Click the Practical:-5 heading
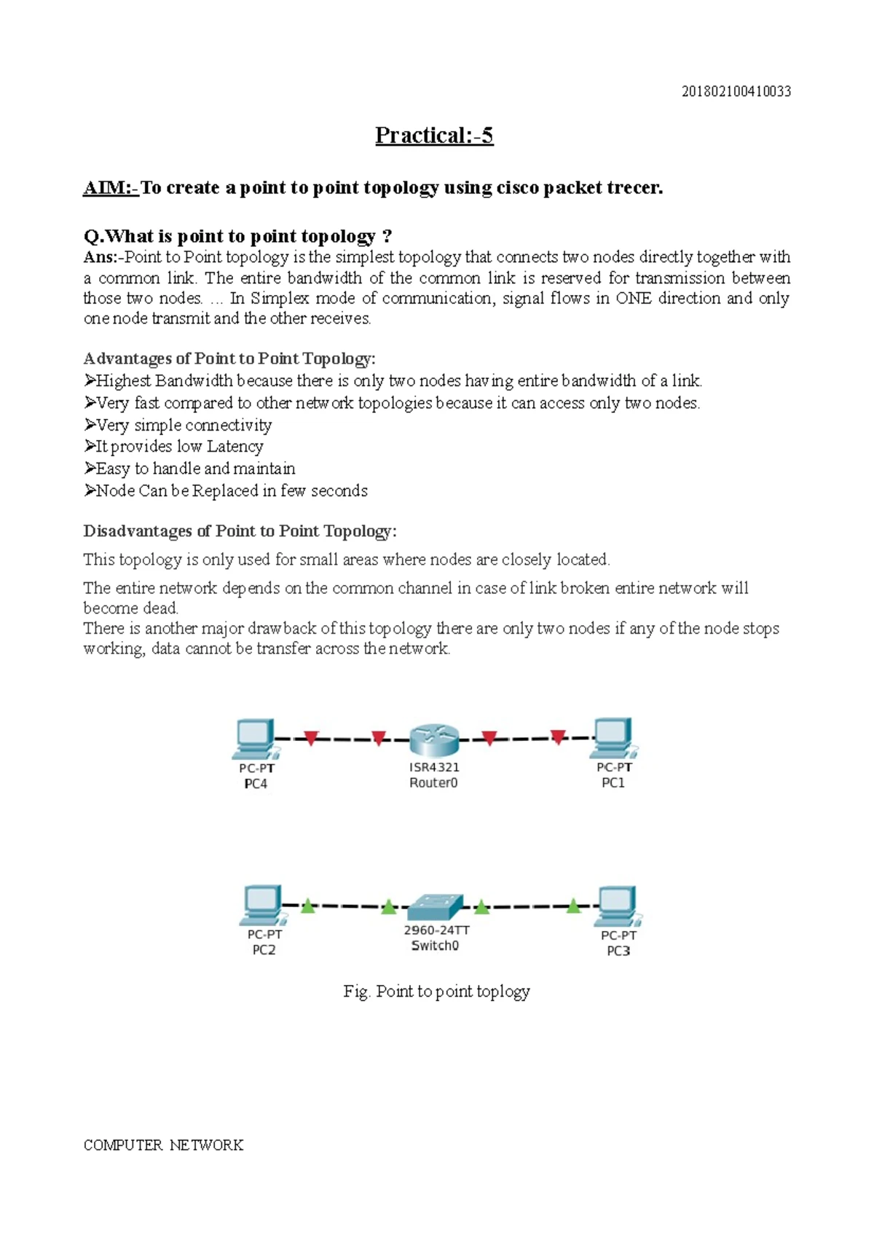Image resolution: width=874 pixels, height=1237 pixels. tap(434, 136)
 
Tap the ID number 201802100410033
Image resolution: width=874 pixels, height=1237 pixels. tap(736, 92)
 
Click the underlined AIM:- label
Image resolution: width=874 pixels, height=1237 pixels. tap(110, 188)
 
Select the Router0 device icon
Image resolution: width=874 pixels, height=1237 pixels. tap(434, 739)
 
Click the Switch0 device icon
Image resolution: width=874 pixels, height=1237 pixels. tap(435, 907)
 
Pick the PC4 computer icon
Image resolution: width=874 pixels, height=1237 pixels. tap(254, 738)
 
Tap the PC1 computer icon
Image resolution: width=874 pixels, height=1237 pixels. tap(613, 737)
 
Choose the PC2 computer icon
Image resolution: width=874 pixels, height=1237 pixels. tap(262, 906)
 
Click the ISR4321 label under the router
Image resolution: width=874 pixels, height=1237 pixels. tap(434, 767)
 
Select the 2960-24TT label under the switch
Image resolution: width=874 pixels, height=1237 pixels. tap(436, 930)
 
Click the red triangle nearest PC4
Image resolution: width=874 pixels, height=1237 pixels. tap(311, 739)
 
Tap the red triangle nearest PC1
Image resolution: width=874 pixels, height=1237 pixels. tap(558, 737)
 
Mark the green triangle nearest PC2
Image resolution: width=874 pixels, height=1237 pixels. tap(308, 906)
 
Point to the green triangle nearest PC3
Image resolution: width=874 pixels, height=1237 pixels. tap(574, 906)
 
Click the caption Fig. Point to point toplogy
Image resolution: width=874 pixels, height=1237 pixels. tap(436, 991)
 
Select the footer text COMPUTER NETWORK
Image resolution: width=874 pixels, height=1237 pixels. tap(163, 1145)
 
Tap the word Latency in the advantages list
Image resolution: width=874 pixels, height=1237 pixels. tap(235, 447)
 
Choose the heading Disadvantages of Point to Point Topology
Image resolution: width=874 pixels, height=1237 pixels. tap(240, 531)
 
